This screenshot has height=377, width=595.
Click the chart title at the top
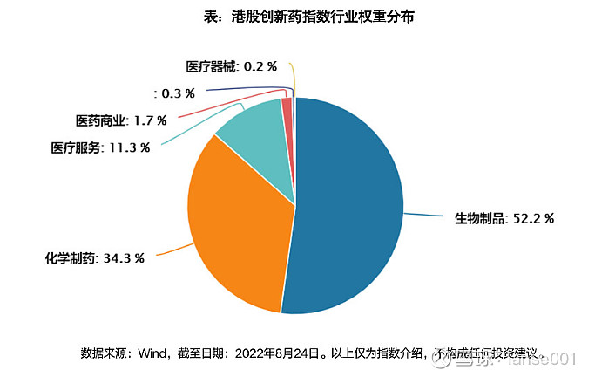pyautogui.click(x=297, y=17)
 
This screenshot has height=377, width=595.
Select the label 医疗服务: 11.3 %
pyautogui.click(x=100, y=147)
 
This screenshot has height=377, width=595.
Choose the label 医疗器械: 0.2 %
pyautogui.click(x=231, y=65)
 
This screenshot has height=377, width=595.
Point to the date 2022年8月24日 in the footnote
pyautogui.click(x=270, y=354)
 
